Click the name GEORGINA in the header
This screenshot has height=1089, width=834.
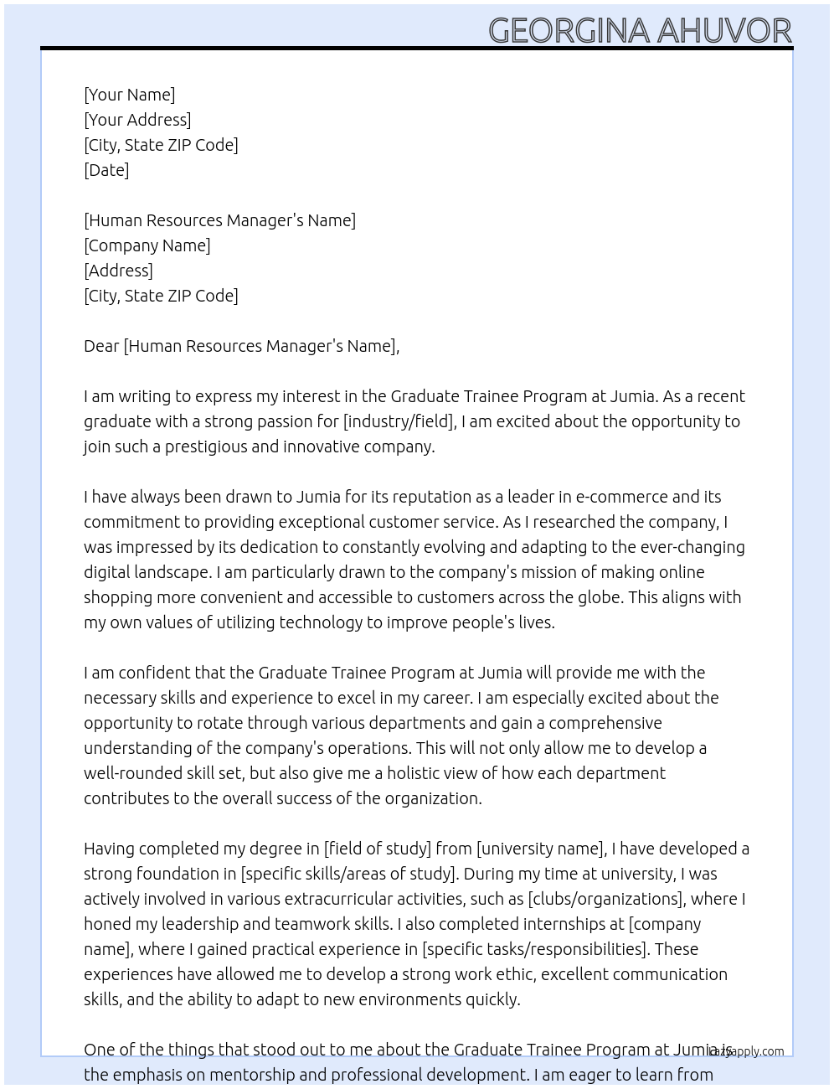pos(569,31)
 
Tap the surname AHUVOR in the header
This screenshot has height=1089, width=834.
pos(724,31)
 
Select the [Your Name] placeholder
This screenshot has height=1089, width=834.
pos(129,95)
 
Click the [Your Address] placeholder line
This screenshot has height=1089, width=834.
pos(137,120)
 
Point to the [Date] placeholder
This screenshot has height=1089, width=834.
pos(106,170)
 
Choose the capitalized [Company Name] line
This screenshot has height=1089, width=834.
pos(147,245)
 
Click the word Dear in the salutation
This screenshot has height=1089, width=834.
pos(101,346)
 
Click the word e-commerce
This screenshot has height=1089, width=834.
pos(622,497)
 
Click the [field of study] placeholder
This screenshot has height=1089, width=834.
pos(377,849)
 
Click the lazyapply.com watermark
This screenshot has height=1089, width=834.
pos(746,1051)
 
